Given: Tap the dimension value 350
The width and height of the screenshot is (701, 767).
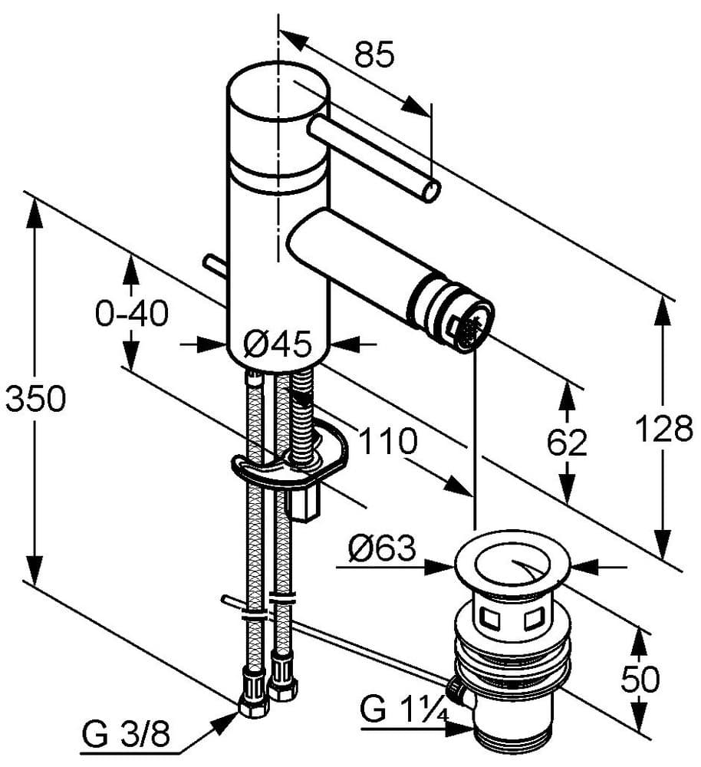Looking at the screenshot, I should pyautogui.click(x=35, y=399).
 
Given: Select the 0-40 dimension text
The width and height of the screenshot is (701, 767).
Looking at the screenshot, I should pyautogui.click(x=131, y=313).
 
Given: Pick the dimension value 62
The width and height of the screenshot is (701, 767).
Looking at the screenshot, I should pyautogui.click(x=567, y=443).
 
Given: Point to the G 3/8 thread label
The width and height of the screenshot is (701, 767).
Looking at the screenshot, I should pyautogui.click(x=127, y=738).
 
